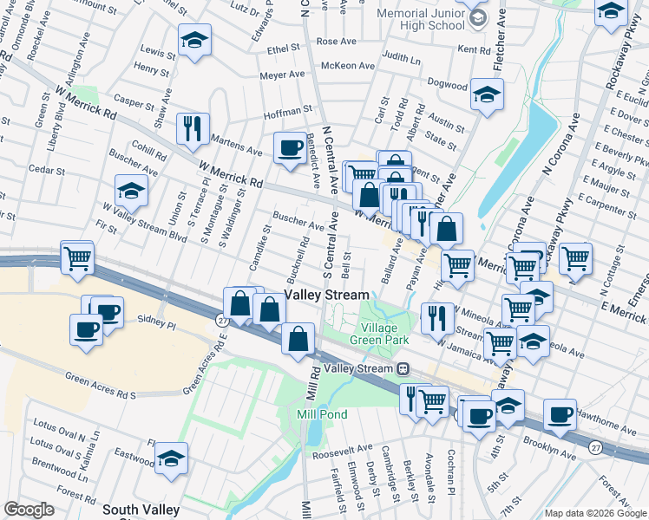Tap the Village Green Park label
379,334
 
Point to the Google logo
29,510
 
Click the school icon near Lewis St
194,40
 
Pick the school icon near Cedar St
132,191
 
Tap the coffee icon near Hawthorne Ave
560,414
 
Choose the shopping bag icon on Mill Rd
298,340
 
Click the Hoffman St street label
288,111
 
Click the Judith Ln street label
400,58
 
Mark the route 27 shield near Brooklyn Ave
593,447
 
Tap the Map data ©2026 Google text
594,513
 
